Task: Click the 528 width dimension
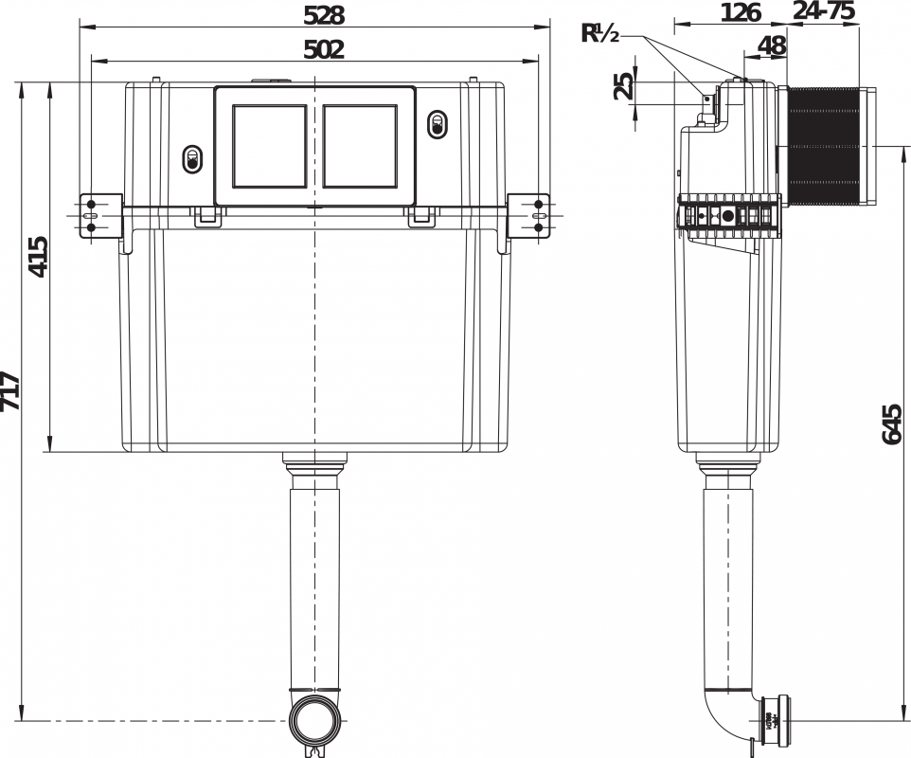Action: coord(324,16)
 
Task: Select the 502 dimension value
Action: coord(324,50)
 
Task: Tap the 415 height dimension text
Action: coord(39,257)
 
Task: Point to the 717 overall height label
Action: coord(10,390)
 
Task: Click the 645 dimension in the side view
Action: coord(892,424)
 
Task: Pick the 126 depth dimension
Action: coord(741,12)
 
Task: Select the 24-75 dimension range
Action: coord(824,10)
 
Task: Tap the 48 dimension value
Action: coord(772,45)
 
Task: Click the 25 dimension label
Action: coord(624,86)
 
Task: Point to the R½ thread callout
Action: coord(600,34)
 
